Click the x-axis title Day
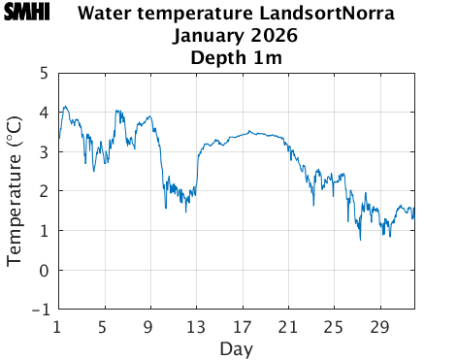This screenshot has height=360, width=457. pyautogui.click(x=236, y=348)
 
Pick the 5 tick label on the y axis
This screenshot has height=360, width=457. pyautogui.click(x=44, y=73)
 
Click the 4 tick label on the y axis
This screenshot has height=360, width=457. pyautogui.click(x=44, y=113)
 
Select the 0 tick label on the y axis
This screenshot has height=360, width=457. pyautogui.click(x=44, y=271)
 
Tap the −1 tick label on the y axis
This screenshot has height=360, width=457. pyautogui.click(x=40, y=311)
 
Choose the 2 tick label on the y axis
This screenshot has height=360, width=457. pyautogui.click(x=44, y=191)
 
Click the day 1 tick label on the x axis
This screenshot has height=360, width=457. pyautogui.click(x=58, y=326)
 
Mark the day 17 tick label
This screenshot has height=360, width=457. pyautogui.click(x=242, y=326)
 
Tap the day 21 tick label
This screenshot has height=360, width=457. pyautogui.click(x=288, y=326)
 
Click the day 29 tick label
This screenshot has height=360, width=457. pyautogui.click(x=379, y=326)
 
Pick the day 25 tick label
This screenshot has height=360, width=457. pyautogui.click(x=334, y=326)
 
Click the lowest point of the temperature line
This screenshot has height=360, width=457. pyautogui.click(x=360, y=239)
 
